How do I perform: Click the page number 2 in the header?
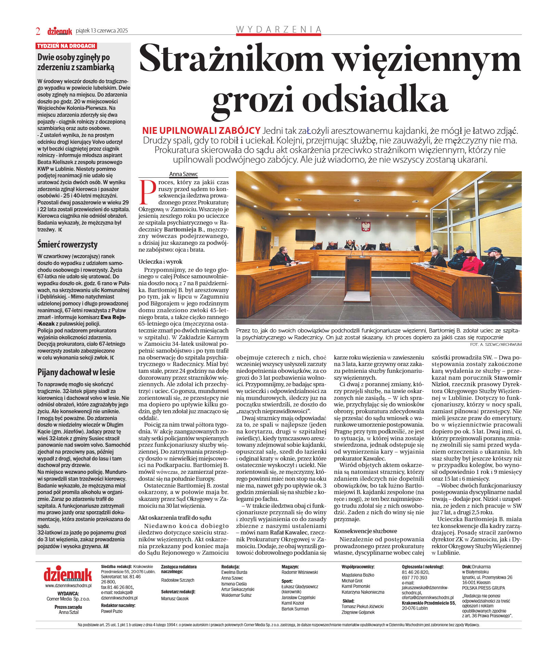point(38,31)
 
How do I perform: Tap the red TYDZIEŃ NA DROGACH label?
point(66,46)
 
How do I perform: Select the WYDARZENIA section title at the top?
point(278,29)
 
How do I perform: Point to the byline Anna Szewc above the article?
point(183,174)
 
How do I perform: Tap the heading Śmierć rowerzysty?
point(67,244)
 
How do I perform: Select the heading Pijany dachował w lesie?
point(76,372)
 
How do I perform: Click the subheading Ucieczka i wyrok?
point(160,262)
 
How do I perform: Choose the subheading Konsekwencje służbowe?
point(365,531)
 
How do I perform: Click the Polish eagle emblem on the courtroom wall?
point(366,226)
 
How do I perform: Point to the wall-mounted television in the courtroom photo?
point(305,235)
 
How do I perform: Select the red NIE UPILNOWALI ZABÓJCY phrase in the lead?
point(201,130)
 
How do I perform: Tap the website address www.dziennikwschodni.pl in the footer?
point(68,585)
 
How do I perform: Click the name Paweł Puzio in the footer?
point(112,611)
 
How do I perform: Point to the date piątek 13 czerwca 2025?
point(102,31)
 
